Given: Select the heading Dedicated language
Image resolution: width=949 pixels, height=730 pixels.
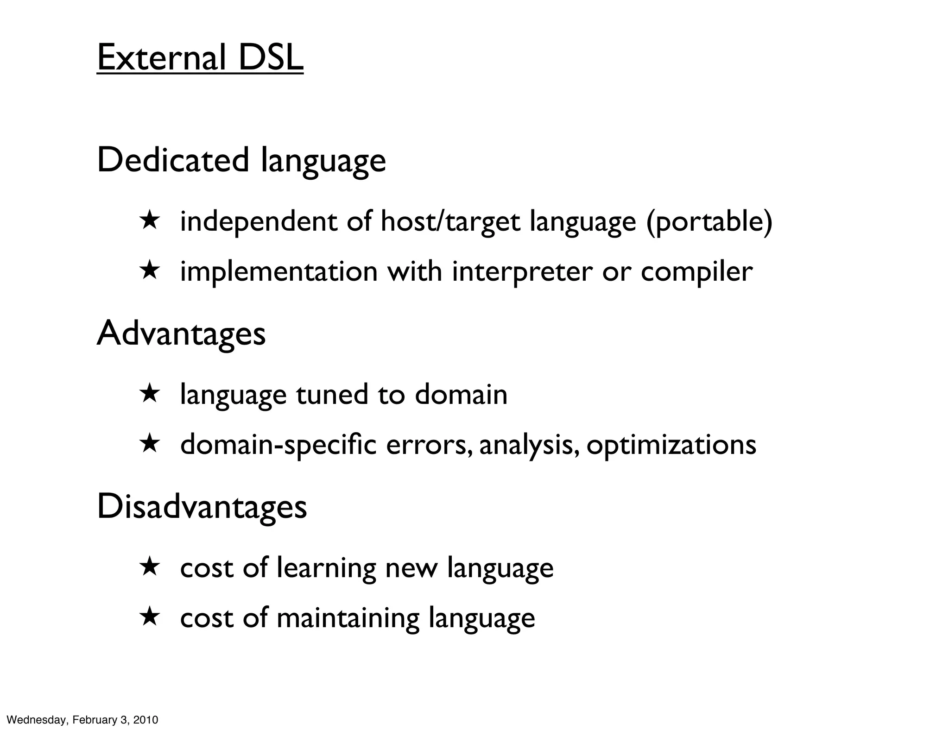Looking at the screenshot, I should (x=241, y=160).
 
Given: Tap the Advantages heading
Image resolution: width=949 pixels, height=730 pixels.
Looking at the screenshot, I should (x=181, y=334).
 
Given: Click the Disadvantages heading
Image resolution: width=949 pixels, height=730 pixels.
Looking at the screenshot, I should (x=202, y=507).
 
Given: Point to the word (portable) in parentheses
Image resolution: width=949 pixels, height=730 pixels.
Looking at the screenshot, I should (x=709, y=222).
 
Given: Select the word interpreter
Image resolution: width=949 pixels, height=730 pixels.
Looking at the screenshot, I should (x=522, y=272).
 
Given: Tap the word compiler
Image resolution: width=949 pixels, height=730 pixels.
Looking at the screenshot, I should (x=696, y=272).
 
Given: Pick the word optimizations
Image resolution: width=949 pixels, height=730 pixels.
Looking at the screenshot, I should (x=671, y=445).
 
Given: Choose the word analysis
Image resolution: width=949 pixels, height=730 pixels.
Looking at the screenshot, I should (x=529, y=445).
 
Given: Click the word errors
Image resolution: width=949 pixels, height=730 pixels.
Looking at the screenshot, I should (x=429, y=445).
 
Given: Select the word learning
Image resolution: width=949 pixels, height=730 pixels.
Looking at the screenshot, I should (x=327, y=568).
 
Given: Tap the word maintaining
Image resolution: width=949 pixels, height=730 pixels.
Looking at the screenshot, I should (x=348, y=618).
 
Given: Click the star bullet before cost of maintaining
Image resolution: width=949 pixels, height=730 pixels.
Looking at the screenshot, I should (x=150, y=617).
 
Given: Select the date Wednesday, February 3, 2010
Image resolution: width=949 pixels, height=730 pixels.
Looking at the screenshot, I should (x=83, y=720).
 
